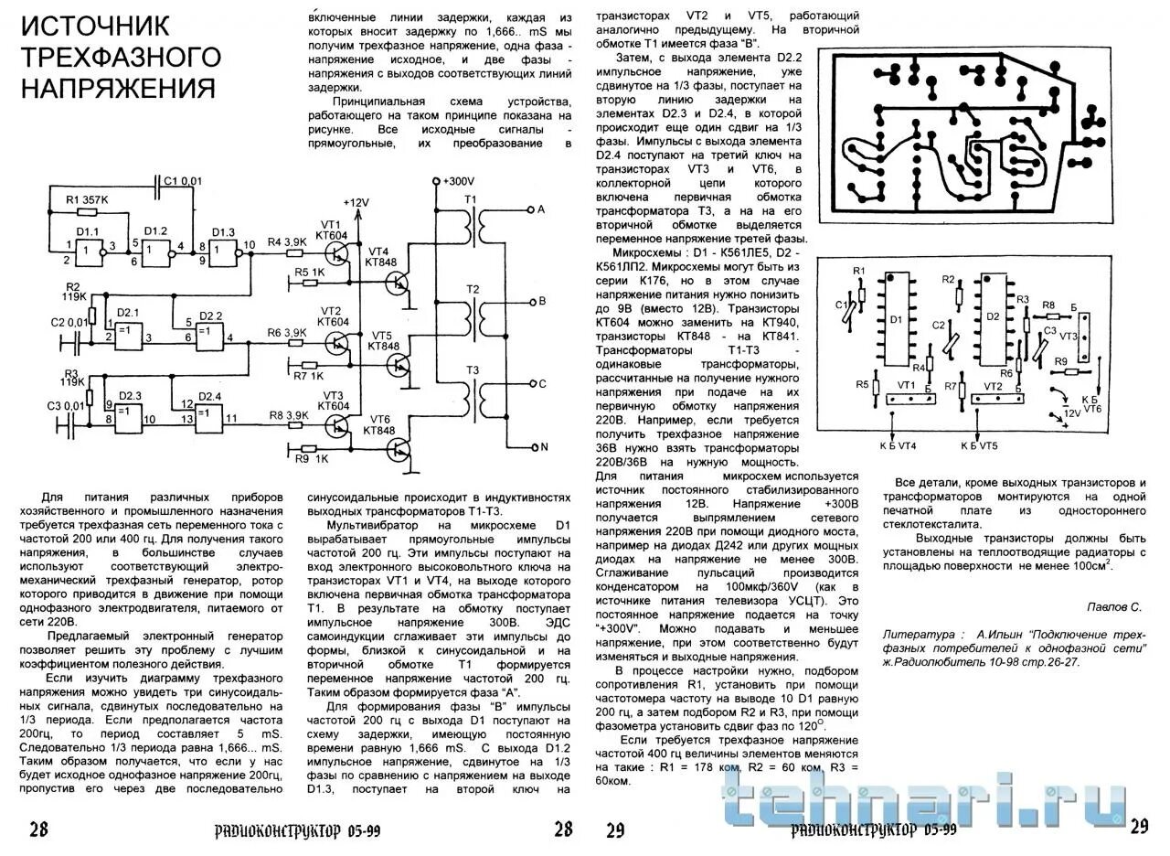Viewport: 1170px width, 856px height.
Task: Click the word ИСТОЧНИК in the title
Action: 96,27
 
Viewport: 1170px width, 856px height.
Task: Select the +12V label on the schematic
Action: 356,201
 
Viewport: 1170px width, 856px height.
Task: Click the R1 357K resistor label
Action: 88,199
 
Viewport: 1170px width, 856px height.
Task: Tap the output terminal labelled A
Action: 541,209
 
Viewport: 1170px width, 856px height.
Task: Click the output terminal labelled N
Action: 541,447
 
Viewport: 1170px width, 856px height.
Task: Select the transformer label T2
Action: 472,288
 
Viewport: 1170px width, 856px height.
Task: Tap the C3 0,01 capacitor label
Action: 67,405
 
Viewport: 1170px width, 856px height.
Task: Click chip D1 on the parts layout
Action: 896,321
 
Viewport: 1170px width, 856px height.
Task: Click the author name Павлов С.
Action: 1114,606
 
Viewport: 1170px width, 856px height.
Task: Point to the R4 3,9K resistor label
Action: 286,242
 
